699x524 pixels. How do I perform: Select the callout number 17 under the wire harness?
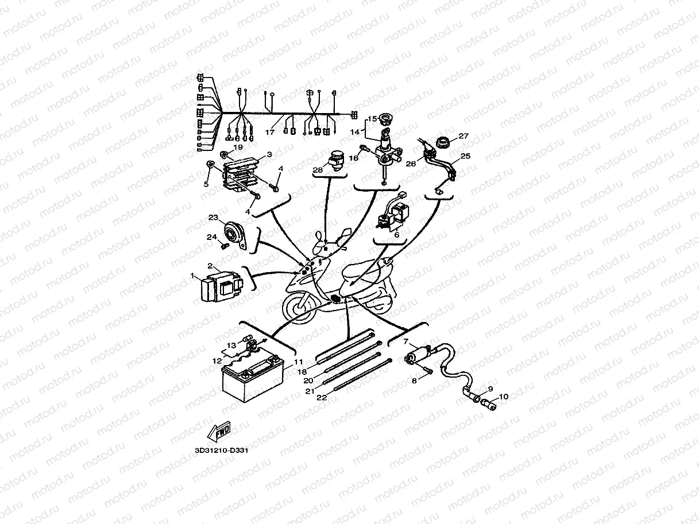(270, 131)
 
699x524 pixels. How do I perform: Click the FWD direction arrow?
(220, 431)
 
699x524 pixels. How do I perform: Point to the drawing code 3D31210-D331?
(222, 450)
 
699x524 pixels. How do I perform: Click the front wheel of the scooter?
(296, 307)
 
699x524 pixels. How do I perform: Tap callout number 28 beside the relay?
(318, 170)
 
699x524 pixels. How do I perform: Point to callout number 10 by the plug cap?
(503, 397)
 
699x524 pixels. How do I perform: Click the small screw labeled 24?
(225, 246)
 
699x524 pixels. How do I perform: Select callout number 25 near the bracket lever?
(466, 156)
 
